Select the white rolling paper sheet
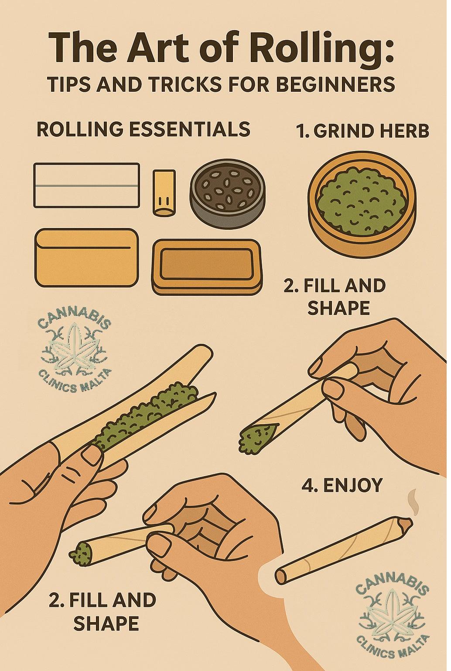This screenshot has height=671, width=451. pos(86,185)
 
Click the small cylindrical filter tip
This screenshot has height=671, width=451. pos(164,192)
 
